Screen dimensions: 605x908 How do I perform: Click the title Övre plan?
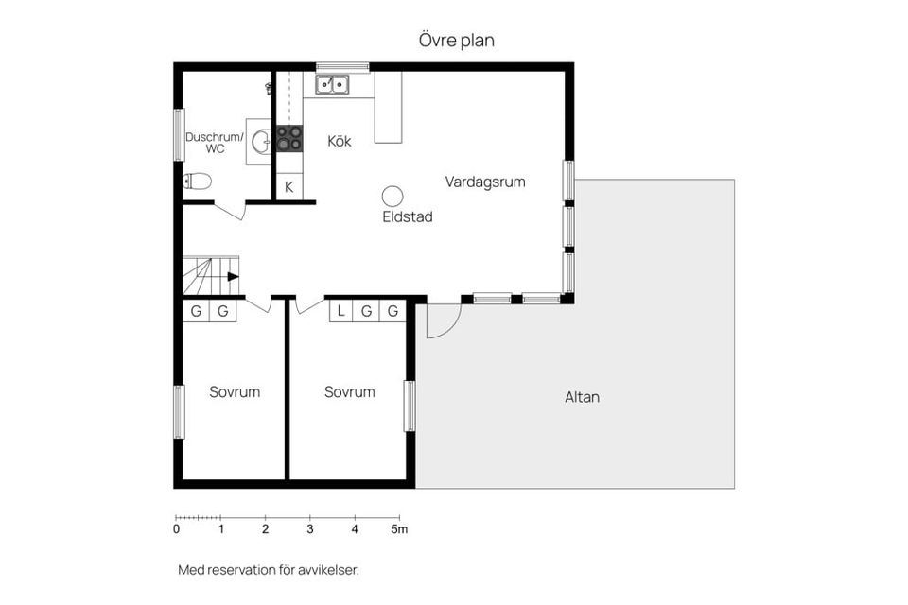click(456, 41)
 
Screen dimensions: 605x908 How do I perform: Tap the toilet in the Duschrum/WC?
click(198, 181)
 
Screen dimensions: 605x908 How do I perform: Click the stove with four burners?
click(289, 139)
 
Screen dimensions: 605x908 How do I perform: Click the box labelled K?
click(288, 187)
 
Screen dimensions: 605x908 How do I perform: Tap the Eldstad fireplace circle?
click(393, 196)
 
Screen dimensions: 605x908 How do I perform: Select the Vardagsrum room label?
click(485, 181)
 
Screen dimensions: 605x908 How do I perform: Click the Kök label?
click(339, 141)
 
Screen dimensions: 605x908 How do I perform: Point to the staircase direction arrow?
click(232, 276)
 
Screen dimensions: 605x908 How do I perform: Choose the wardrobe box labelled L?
click(340, 311)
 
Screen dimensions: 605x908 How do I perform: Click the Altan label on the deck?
click(582, 397)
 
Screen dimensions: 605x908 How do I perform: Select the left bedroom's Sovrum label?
click(234, 391)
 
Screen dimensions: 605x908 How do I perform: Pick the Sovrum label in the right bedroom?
click(349, 391)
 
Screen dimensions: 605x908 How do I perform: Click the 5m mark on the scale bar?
click(399, 529)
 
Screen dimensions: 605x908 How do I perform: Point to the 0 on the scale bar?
click(177, 529)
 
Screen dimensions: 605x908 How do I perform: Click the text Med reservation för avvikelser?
click(269, 570)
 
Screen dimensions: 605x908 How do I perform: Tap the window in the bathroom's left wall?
click(178, 135)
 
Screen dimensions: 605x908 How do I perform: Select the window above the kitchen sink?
click(342, 66)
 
